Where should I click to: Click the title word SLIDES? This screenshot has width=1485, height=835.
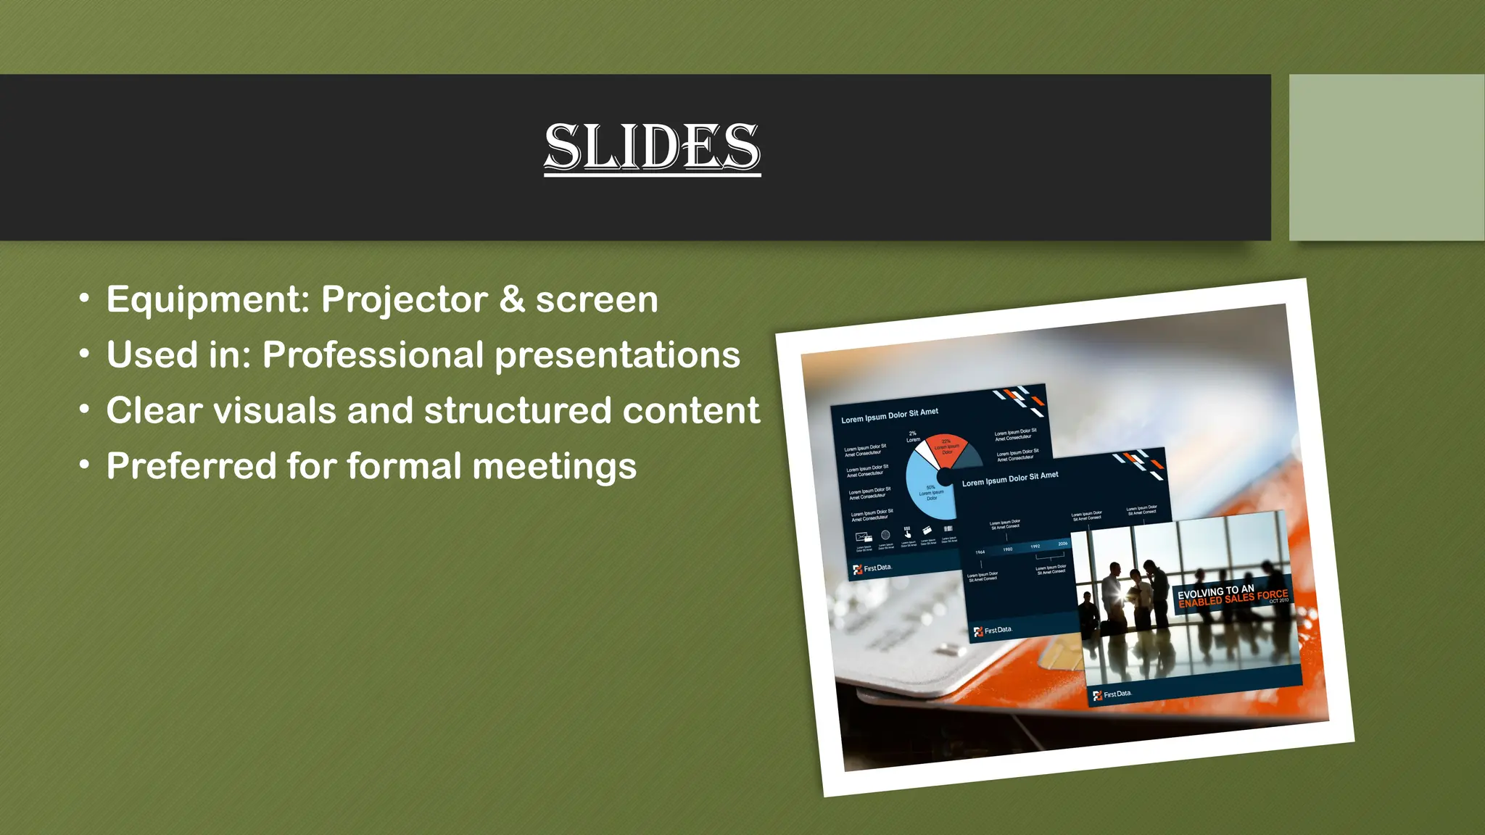(652, 146)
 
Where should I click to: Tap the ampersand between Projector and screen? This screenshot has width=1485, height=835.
(512, 299)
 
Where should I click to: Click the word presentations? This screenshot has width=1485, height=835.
(617, 356)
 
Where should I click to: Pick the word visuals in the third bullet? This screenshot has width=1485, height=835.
(275, 410)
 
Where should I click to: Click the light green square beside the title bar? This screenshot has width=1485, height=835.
(1386, 157)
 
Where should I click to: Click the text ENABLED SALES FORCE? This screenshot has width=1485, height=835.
(1233, 598)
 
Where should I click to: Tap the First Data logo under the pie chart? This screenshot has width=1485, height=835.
(872, 568)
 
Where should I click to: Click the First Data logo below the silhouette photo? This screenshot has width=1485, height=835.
(1112, 694)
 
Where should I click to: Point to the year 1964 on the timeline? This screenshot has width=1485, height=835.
(980, 552)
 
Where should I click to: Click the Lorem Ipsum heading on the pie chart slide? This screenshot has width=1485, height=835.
(890, 415)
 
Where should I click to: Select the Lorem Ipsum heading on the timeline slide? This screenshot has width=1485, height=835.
(1010, 479)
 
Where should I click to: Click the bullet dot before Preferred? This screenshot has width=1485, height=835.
(85, 465)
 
